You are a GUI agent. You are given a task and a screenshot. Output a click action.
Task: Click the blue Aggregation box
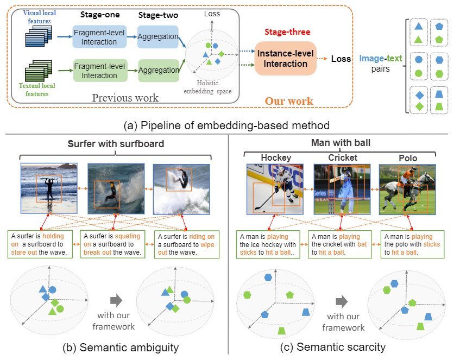click(158, 37)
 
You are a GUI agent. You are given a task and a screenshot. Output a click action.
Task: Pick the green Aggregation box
click(159, 71)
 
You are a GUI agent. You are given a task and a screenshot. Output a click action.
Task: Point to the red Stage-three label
click(287, 32)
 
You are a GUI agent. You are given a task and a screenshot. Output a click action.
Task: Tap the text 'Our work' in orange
click(289, 101)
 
